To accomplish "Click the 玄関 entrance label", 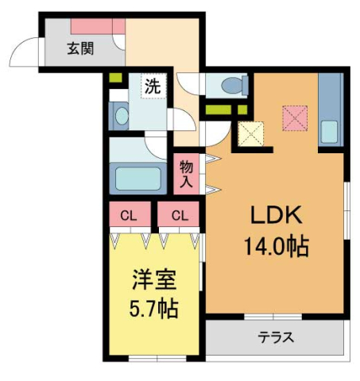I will [79, 48].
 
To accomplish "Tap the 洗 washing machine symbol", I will [151, 87].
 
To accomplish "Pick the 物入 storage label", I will [187, 174].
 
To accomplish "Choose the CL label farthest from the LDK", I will [127, 215].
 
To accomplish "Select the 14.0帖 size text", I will [276, 246].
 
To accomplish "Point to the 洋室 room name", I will [154, 279].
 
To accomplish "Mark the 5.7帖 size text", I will [154, 306].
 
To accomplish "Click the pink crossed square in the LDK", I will [295, 117].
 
